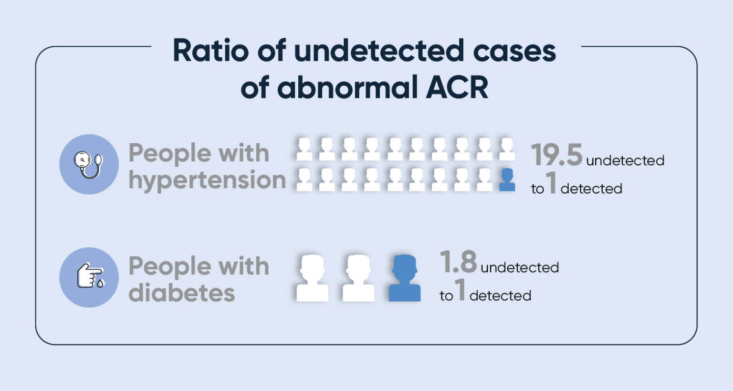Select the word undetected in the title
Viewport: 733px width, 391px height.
(x=379, y=51)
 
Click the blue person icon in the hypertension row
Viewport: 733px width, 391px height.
(x=507, y=180)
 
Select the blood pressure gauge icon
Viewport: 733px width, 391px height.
(x=89, y=164)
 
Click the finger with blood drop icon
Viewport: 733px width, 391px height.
(x=89, y=277)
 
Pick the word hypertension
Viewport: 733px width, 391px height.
(x=207, y=180)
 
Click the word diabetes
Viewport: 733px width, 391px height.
(x=182, y=293)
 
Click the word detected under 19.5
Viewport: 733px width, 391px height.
(x=591, y=189)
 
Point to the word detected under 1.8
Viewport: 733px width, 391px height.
(x=500, y=296)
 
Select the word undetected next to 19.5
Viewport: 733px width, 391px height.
(x=625, y=160)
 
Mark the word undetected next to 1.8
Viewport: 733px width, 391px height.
(x=520, y=267)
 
